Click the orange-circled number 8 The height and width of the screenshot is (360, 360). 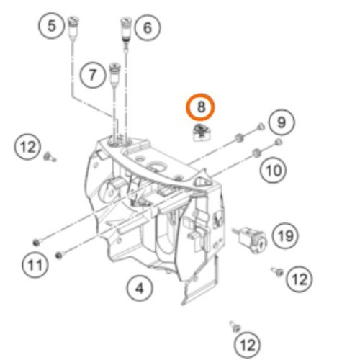[x=201, y=107]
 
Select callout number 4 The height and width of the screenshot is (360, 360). [x=140, y=288]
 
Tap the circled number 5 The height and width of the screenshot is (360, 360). [x=52, y=26]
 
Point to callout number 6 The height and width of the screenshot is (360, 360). [x=148, y=27]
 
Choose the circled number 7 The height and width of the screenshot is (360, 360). [x=93, y=75]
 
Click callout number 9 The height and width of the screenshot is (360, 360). [x=282, y=122]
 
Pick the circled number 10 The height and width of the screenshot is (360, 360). [x=273, y=171]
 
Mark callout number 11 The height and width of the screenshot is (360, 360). [x=35, y=265]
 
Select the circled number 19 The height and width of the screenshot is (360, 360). [x=285, y=235]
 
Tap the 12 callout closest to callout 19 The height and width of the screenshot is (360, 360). [x=300, y=279]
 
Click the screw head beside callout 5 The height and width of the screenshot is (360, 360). [x=73, y=21]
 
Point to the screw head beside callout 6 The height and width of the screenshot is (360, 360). [x=126, y=22]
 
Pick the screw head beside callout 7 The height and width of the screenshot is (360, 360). [x=114, y=67]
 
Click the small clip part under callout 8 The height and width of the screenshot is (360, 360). [x=202, y=132]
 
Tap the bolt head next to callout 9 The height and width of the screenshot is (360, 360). [x=261, y=127]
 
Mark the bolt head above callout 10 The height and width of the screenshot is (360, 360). [x=279, y=142]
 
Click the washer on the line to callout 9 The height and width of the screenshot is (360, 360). [x=240, y=138]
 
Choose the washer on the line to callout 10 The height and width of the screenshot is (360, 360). [x=256, y=153]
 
